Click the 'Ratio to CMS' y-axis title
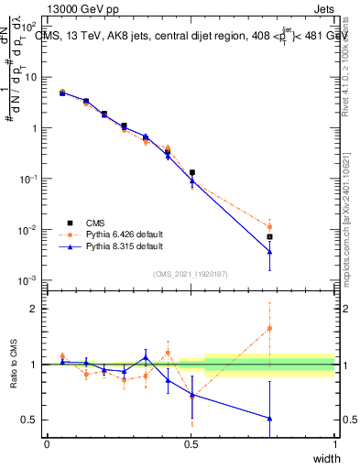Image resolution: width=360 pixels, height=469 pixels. point(14,364)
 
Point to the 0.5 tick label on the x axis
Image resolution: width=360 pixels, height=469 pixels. point(191,444)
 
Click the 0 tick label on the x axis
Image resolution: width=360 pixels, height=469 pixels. point(47,444)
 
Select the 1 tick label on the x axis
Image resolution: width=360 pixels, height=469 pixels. point(334,444)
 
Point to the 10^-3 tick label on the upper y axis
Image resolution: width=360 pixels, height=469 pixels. point(28,279)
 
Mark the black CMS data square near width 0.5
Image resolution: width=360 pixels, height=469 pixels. point(192,172)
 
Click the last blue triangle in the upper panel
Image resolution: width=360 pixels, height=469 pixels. point(269,252)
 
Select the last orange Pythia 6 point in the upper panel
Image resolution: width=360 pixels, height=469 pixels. point(269,226)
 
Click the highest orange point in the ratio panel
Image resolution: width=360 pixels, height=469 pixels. point(269,328)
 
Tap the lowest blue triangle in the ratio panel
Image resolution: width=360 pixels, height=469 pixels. point(269,418)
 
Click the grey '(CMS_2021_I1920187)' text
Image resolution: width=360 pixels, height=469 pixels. point(190,273)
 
